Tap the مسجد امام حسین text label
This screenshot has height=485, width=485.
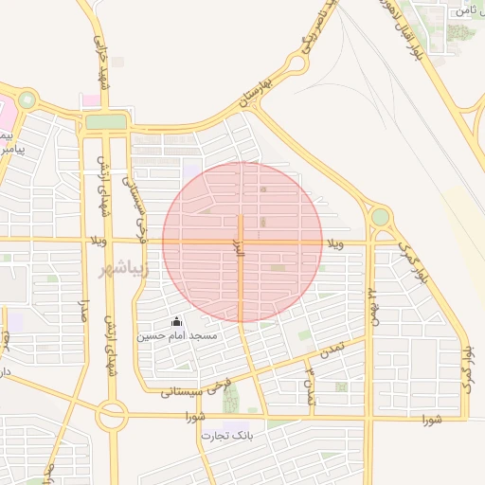pos(177,336)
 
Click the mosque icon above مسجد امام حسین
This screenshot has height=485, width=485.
pos(176,322)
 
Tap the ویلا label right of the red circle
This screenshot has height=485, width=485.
pos(335,245)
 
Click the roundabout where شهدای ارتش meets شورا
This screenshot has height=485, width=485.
pos(112,414)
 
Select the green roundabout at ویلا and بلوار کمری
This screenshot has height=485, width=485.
pos(380,218)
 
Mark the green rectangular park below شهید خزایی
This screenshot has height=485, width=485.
pos(105,122)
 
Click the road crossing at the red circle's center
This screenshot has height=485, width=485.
pos(242,242)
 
